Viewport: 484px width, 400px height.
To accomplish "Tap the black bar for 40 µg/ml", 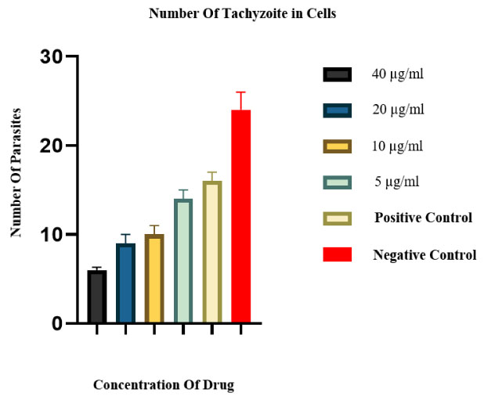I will pos(96,297).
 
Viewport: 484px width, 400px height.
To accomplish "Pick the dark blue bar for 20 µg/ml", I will pos(125,283).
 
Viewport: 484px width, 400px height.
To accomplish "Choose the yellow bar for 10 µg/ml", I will pos(154,279).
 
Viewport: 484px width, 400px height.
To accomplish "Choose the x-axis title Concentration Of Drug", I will pos(164,385).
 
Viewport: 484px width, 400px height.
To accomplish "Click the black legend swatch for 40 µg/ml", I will pos(337,74).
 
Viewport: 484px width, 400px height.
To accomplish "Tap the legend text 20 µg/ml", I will pos(398,110).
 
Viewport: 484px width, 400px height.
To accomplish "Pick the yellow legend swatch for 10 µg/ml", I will pos(337,146).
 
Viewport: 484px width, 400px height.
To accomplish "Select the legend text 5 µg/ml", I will pos(397,182).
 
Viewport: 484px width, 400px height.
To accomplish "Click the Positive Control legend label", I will pos(423,218).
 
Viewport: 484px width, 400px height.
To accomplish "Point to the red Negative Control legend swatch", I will pos(337,254).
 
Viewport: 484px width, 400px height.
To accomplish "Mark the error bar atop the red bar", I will pos(240,100).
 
